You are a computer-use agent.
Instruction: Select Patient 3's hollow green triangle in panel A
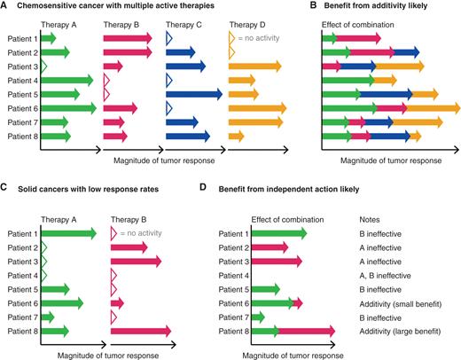tap(44, 67)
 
